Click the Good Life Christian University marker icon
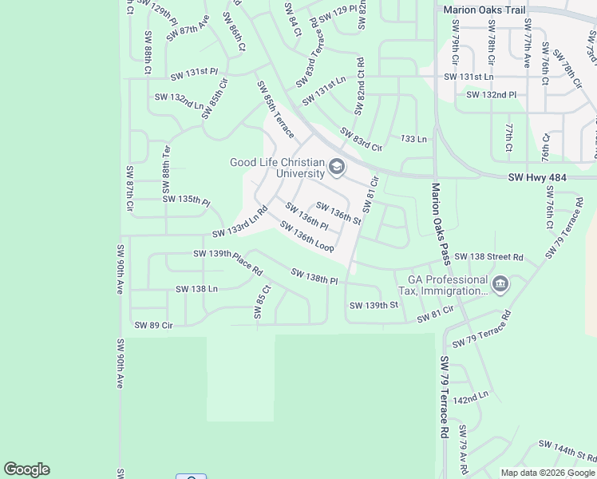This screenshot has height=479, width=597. (x=337, y=168)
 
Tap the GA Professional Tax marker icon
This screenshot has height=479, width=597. (x=500, y=285)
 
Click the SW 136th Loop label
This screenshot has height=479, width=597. (x=306, y=237)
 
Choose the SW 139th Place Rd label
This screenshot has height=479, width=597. (x=228, y=262)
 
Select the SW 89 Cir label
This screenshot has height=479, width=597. (x=153, y=325)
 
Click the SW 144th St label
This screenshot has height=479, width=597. (x=567, y=450)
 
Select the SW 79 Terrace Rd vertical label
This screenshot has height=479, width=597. (x=444, y=397)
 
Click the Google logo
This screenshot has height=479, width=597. (x=26, y=469)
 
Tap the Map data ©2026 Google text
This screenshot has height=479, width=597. (x=548, y=473)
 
